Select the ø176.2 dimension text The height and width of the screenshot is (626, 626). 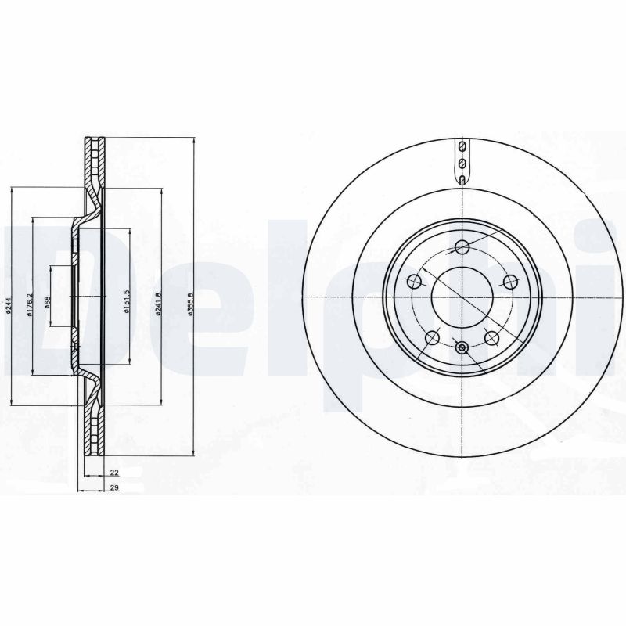coord(29,304)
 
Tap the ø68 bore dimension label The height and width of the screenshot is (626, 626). coord(48,305)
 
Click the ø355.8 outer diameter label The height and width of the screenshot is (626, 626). coord(189,301)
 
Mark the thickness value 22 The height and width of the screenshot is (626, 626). coord(113,473)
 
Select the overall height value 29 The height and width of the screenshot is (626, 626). coord(113,487)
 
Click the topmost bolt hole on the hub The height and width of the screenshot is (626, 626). coord(462,248)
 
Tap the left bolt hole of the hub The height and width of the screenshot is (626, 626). coord(415,282)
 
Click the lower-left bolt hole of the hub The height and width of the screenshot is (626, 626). coord(432,337)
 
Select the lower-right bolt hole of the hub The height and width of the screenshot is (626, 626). coord(491,337)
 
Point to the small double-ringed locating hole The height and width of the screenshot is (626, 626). coord(462,347)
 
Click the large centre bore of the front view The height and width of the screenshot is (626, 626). coord(462,298)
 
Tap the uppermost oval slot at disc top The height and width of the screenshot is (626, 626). coord(462,146)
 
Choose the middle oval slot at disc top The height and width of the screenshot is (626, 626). coord(462,163)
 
